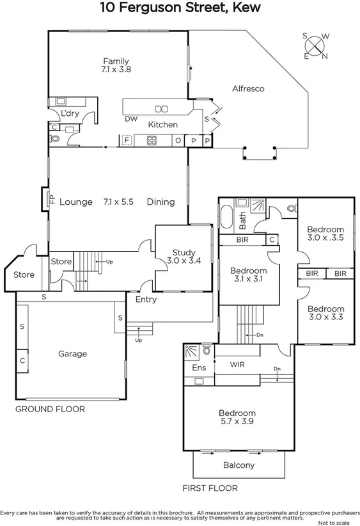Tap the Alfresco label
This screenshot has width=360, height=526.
point(248,89)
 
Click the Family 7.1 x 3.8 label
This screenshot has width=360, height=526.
point(116,65)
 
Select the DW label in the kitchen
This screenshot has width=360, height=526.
point(131,119)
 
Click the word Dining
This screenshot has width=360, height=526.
point(160,202)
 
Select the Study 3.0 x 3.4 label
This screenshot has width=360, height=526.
point(184,257)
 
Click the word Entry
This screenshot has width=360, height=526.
point(146,299)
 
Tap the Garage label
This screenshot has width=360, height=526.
point(72,354)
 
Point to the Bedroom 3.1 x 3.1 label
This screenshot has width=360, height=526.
point(249,275)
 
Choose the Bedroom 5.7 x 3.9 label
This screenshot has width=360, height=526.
point(237,418)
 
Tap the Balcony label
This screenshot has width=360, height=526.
point(239,465)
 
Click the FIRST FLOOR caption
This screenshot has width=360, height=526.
point(210,488)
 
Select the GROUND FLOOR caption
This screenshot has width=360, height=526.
point(50,409)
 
